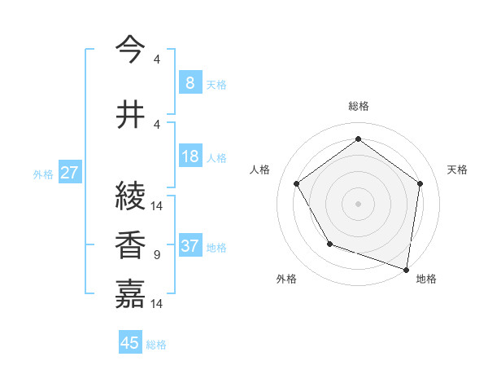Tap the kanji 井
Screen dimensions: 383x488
tap(131, 115)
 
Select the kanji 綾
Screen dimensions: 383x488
tap(131, 196)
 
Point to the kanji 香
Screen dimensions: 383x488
tap(131, 246)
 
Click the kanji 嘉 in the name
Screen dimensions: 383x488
tap(131, 294)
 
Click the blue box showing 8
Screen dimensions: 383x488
tap(190, 82)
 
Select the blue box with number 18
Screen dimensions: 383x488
tap(190, 157)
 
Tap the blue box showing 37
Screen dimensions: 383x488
tap(190, 246)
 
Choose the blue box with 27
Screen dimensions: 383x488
tap(69, 173)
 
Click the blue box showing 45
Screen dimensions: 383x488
tap(130, 343)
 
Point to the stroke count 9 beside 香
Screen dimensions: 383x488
tap(156, 255)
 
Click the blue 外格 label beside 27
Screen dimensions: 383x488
tap(43, 174)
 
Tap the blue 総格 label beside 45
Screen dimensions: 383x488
tap(156, 345)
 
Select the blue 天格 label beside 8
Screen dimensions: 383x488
tap(216, 84)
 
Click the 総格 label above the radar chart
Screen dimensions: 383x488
tap(358, 106)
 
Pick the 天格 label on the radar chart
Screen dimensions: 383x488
tap(457, 169)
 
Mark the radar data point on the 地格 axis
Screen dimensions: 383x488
tap(406, 269)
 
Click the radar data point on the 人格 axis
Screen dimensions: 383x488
tap(296, 183)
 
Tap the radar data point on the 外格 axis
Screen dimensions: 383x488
tap(329, 244)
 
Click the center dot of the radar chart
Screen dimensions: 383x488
tap(358, 203)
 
